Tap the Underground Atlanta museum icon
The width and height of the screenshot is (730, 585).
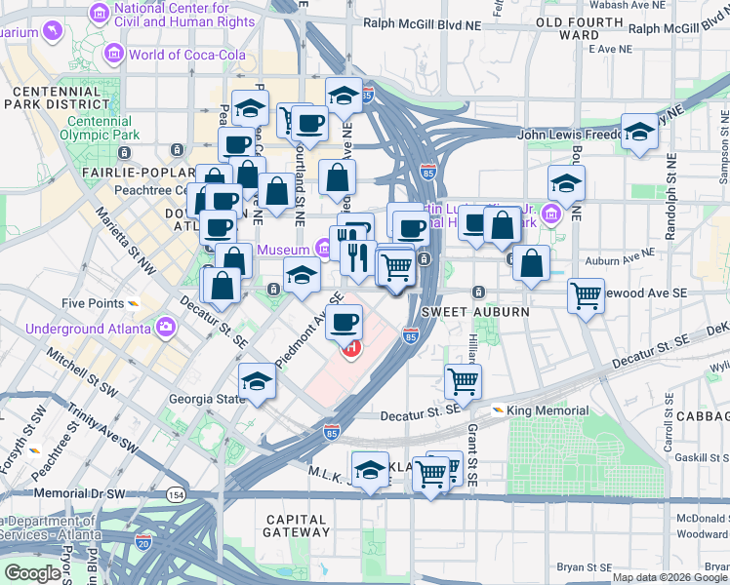click(165, 325)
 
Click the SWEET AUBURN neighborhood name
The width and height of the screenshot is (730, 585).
click(475, 311)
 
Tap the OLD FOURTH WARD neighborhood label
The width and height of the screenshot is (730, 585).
click(580, 27)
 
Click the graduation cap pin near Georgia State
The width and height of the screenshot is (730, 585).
click(257, 381)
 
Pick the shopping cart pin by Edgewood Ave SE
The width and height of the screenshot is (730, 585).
click(586, 293)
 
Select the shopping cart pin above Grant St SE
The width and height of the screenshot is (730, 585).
click(463, 381)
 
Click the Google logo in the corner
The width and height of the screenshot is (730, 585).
click(32, 573)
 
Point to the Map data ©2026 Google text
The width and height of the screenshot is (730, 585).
click(669, 577)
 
